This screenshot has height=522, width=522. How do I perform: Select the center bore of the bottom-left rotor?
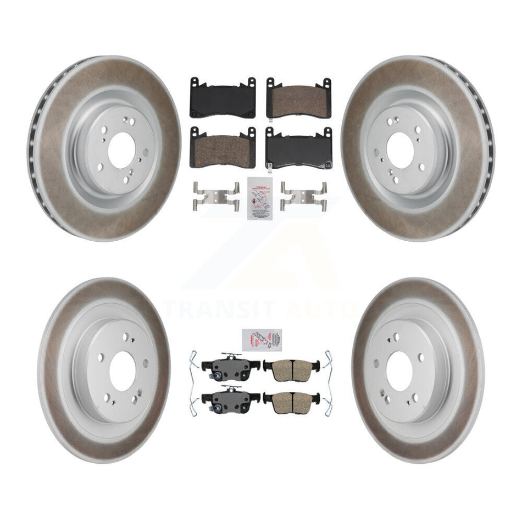coord(122,371)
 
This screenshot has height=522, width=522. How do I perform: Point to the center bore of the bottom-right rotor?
coord(399,371)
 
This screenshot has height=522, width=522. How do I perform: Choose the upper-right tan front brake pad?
coord(299,98)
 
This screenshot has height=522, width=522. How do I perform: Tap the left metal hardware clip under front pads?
coord(216,196)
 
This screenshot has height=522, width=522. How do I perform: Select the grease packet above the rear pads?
coord(262,340)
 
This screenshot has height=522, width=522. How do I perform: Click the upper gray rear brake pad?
coord(230,366)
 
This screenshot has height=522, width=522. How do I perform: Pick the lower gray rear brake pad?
coord(230,399)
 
